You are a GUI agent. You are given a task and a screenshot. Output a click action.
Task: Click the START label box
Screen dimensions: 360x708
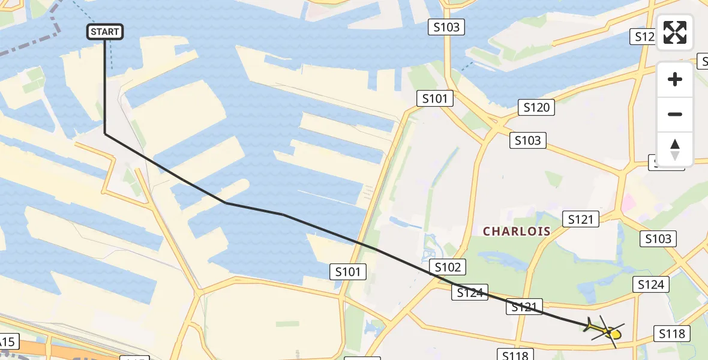click(106, 32)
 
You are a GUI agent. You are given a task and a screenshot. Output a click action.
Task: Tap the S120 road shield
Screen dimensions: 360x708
click(536, 107)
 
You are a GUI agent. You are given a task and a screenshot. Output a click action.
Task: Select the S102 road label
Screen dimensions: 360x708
click(447, 268)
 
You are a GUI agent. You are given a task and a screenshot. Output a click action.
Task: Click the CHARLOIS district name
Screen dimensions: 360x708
click(517, 232)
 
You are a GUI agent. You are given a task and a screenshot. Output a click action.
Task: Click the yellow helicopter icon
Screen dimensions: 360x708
click(606, 331)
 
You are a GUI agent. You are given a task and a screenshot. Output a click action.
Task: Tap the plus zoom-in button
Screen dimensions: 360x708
click(675, 79)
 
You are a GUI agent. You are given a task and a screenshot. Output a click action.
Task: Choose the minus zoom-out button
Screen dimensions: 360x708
click(675, 114)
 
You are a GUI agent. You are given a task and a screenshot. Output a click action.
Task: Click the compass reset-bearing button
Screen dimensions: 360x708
click(675, 149)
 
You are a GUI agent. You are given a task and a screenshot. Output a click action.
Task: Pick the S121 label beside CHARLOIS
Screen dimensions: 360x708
click(580, 220)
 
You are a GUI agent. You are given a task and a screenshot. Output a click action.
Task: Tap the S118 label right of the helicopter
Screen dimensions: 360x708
click(672, 334)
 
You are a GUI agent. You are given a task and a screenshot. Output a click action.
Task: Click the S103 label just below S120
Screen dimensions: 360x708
click(528, 140)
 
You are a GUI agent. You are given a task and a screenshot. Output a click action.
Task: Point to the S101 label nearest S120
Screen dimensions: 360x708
click(434, 98)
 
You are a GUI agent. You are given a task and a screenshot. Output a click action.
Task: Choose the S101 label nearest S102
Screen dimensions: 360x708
click(348, 272)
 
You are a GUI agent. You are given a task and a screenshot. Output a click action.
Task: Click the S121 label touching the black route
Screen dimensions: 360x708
click(524, 307)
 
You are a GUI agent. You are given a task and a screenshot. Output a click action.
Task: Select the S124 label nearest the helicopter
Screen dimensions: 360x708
click(650, 284)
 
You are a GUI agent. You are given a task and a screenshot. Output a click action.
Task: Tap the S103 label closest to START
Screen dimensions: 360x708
click(446, 26)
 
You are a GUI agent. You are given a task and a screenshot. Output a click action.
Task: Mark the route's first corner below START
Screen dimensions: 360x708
click(105, 133)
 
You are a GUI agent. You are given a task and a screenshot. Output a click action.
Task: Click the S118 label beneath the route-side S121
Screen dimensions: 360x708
click(515, 355)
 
